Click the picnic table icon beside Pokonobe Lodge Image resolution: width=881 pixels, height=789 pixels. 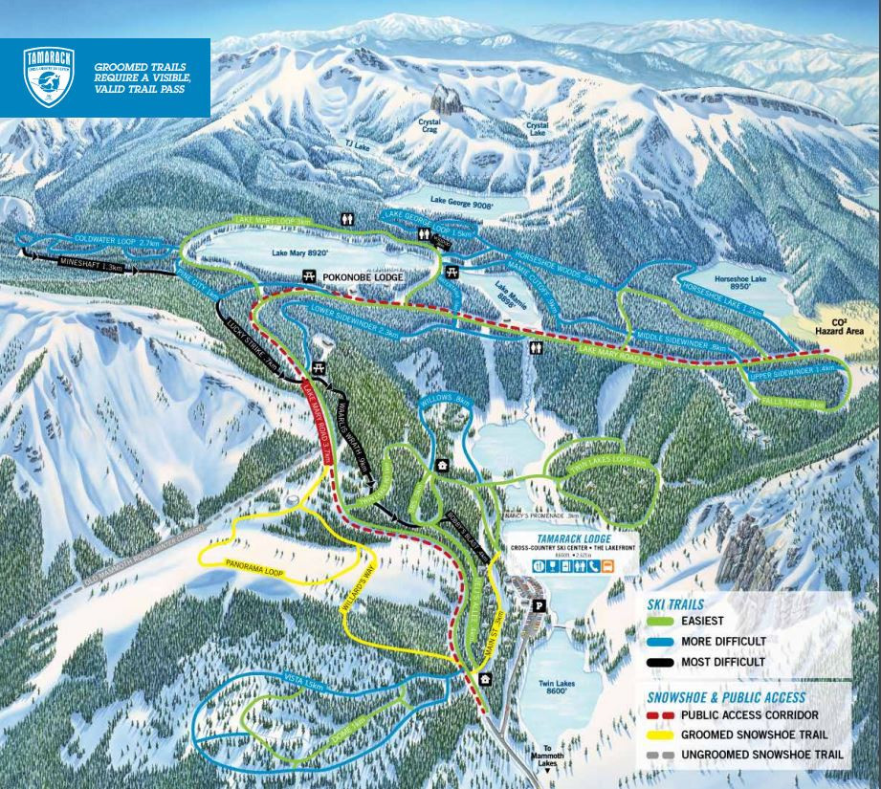[x=309, y=276]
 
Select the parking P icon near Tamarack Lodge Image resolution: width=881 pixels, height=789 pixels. [x=538, y=604]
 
